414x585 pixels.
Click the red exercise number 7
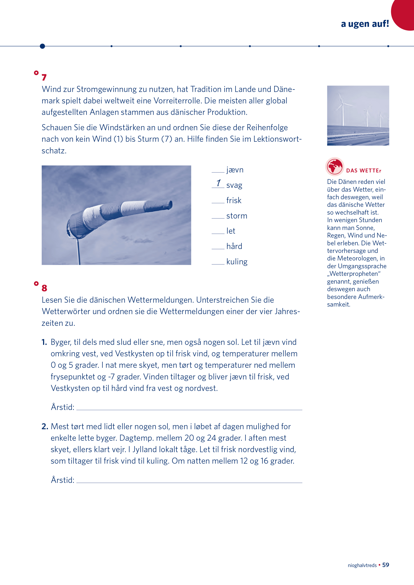tap(44, 77)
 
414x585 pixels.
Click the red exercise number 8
tap(44, 288)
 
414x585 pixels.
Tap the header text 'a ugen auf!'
tap(365, 24)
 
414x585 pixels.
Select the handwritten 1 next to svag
tap(219, 183)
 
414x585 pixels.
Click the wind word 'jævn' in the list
tap(235, 170)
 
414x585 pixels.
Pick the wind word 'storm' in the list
tap(237, 216)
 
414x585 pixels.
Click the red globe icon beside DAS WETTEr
tap(335, 167)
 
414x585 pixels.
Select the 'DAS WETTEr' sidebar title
tap(364, 171)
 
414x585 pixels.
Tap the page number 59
tap(385, 565)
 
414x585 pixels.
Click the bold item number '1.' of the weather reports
tap(44, 342)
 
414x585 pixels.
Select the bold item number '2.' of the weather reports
tap(45, 426)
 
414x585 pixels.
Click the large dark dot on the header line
tap(43, 46)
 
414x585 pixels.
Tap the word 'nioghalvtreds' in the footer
tap(362, 565)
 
